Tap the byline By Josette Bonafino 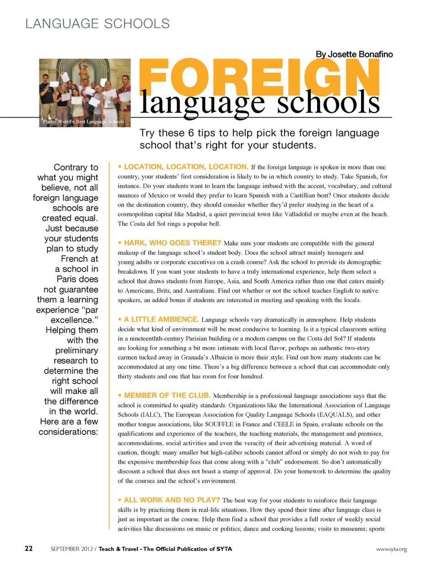point(354,54)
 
